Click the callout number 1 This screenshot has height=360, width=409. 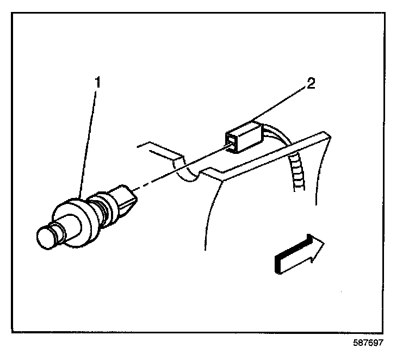(x=98, y=83)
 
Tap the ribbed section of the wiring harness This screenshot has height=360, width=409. (x=297, y=171)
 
